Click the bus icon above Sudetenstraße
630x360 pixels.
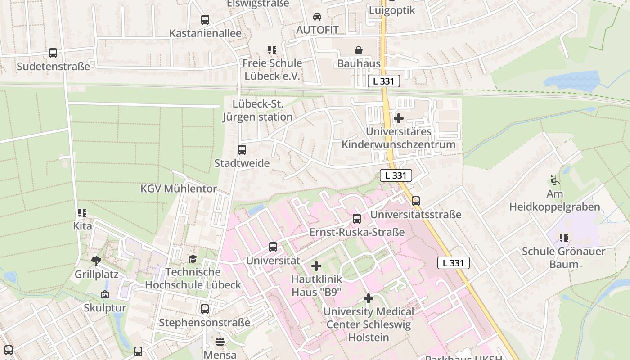coord(53,53)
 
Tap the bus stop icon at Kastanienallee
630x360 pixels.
coord(205,20)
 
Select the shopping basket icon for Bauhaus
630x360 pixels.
coord(359,50)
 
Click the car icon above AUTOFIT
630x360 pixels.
coord(317,17)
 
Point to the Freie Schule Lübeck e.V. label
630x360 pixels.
coord(272,69)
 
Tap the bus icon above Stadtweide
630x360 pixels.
coord(242,150)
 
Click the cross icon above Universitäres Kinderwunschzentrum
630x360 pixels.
coord(399,118)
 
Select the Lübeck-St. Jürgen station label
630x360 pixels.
coord(258,111)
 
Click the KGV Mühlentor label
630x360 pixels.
coord(179,189)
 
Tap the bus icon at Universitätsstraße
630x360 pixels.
coord(416,201)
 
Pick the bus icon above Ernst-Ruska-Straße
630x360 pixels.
coord(357,219)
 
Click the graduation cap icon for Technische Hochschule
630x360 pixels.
coord(193,259)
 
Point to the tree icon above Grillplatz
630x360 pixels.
coord(96,261)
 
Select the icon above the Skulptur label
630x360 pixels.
coord(105,294)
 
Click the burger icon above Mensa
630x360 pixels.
coord(220,342)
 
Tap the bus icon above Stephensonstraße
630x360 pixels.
coord(205,309)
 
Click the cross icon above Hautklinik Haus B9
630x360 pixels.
coord(316,266)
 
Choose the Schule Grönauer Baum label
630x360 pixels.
coord(563,257)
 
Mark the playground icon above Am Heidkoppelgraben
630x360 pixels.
coord(555,180)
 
